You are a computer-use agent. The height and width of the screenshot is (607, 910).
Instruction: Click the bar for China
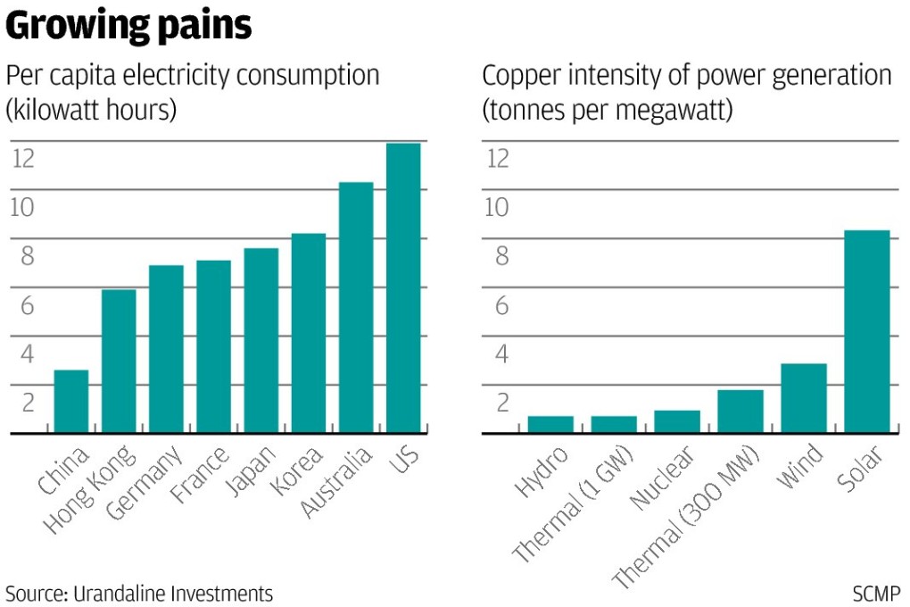point(71,402)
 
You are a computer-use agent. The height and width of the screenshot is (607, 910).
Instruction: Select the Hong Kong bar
point(119,362)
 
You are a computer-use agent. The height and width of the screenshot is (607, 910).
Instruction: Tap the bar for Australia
point(356,308)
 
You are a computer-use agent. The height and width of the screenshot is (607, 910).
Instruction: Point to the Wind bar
point(804,398)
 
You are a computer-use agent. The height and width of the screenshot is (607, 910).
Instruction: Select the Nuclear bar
point(677,422)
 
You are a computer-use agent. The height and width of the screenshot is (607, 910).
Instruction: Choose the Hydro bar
point(550,425)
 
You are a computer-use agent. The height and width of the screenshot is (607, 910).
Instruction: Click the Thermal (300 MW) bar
point(740,412)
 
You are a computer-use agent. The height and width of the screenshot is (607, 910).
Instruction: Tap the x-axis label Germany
point(145,482)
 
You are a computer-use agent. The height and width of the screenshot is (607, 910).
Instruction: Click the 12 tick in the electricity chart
point(23,159)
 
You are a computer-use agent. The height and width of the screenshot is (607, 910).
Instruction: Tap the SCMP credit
point(876,593)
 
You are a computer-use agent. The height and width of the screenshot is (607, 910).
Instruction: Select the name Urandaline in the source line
point(127,593)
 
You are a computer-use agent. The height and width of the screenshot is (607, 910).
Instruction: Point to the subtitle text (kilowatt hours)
point(91,110)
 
